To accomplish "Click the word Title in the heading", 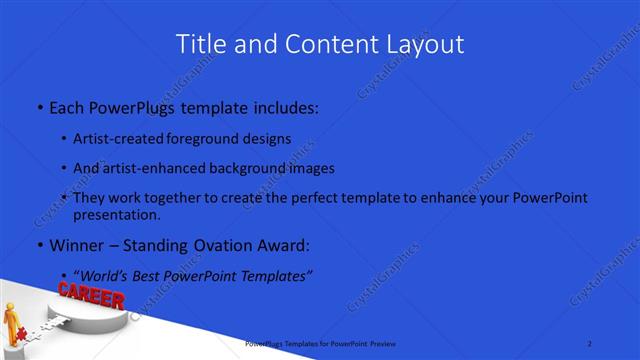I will (201, 44).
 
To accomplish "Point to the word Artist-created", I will (115, 139).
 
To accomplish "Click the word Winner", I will (76, 245).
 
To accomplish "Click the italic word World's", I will (107, 275).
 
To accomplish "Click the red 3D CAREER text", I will (91, 296).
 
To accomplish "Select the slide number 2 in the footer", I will (590, 343).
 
